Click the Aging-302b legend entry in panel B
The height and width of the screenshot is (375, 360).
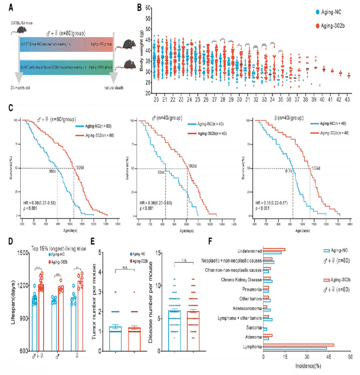tap(327, 26)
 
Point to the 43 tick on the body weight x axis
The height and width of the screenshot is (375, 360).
tap(348, 99)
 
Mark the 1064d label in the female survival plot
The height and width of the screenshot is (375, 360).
tap(316, 168)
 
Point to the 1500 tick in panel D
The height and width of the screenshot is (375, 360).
tap(21, 253)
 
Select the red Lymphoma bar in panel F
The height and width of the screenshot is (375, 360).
tap(299, 345)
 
